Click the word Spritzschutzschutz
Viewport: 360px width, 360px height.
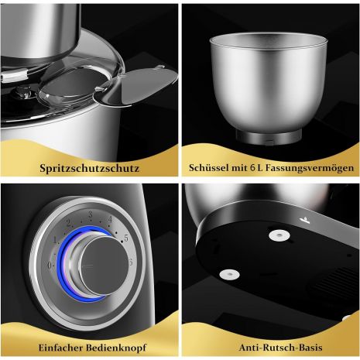(89, 168)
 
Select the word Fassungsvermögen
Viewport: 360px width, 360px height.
(310, 168)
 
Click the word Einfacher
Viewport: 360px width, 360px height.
(60, 348)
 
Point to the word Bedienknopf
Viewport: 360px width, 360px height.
(116, 348)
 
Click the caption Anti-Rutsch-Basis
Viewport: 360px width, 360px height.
(280, 348)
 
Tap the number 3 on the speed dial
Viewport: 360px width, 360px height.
(90, 214)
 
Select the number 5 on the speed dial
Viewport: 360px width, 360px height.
(126, 238)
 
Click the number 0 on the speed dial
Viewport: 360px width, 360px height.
(50, 265)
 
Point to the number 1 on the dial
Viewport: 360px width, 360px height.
(55, 240)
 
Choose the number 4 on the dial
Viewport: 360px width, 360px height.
(110, 220)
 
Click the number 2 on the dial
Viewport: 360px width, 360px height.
(69, 223)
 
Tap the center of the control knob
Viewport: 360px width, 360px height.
(104, 266)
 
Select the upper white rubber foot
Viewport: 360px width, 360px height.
(279, 235)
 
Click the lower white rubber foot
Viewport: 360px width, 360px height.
(229, 274)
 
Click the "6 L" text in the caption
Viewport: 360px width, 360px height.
(256, 167)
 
